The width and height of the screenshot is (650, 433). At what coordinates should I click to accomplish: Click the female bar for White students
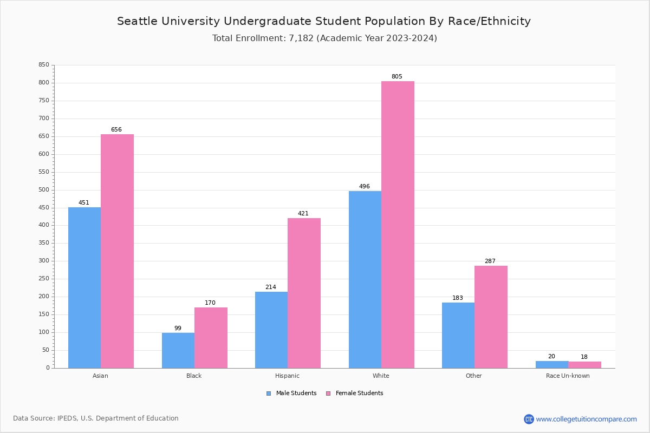pyautogui.click(x=398, y=225)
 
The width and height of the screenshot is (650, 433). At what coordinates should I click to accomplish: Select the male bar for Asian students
pyautogui.click(x=84, y=287)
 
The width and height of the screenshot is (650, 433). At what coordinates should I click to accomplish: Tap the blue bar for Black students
pyautogui.click(x=178, y=350)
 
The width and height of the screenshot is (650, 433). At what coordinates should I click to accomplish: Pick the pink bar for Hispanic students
pyautogui.click(x=304, y=293)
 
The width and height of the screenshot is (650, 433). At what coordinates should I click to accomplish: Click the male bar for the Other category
pyautogui.click(x=458, y=335)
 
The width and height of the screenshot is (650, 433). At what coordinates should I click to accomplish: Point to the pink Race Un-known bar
pyautogui.click(x=584, y=365)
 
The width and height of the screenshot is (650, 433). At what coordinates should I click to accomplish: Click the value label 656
pyautogui.click(x=116, y=130)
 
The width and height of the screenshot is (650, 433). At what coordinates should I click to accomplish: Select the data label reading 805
pyautogui.click(x=397, y=77)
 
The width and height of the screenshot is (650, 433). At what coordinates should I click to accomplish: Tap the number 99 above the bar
pyautogui.click(x=178, y=329)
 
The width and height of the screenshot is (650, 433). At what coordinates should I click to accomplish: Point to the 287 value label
pyautogui.click(x=490, y=261)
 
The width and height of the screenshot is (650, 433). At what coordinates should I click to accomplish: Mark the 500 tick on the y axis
pyautogui.click(x=43, y=190)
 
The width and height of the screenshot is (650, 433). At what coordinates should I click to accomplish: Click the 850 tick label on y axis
pyautogui.click(x=43, y=65)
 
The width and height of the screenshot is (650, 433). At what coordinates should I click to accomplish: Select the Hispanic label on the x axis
pyautogui.click(x=287, y=376)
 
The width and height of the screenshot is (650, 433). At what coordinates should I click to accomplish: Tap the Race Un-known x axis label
pyautogui.click(x=568, y=376)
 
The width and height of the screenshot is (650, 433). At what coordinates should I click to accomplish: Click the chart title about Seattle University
pyautogui.click(x=324, y=22)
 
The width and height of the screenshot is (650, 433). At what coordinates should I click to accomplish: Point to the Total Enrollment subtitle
pyautogui.click(x=324, y=38)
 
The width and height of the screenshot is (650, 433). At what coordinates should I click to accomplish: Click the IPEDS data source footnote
pyautogui.click(x=96, y=418)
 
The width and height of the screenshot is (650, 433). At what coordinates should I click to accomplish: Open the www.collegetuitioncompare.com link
pyautogui.click(x=586, y=419)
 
